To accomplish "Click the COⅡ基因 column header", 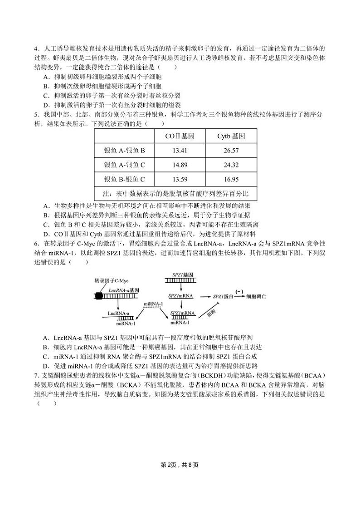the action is coord(180,136).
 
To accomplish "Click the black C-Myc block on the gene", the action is coord(99,296).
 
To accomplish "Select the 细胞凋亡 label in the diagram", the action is coord(256,296).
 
